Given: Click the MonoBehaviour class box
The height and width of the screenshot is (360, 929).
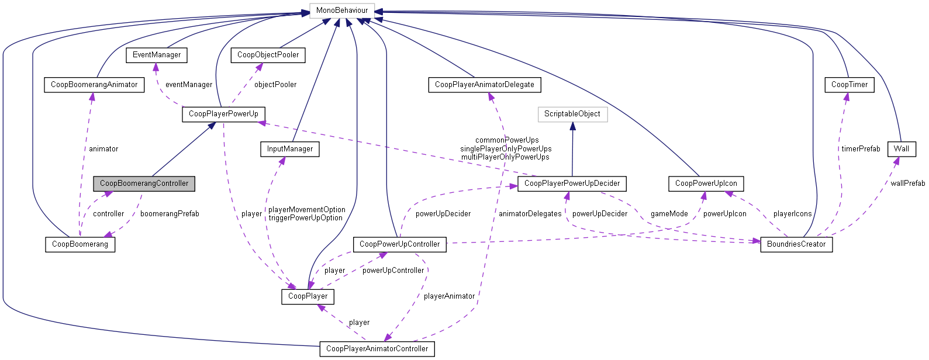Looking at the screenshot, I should [342, 11].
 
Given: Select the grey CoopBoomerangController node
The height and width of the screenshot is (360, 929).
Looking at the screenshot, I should [144, 184].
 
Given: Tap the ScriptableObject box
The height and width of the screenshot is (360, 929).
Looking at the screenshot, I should [572, 114].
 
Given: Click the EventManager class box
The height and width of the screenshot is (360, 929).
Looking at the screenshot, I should [157, 55].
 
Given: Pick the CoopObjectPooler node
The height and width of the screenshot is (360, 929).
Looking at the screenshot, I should [268, 55].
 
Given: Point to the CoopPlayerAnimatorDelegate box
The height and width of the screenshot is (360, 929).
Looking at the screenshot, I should [484, 85].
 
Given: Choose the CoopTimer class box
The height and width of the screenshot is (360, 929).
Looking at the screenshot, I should [849, 85].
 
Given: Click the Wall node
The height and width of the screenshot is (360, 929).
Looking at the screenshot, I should [901, 149].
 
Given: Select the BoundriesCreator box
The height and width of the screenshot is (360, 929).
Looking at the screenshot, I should [796, 244].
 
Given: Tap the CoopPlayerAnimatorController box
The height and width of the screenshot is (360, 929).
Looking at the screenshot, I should [377, 349].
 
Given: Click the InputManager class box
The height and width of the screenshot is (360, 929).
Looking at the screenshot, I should [289, 149].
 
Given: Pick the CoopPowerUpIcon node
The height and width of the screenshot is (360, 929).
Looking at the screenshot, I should [706, 184].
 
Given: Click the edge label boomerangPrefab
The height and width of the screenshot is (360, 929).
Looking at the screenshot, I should [170, 214].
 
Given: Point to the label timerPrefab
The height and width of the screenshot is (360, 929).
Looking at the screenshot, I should [860, 149].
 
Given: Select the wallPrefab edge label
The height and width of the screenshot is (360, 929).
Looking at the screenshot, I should [907, 184].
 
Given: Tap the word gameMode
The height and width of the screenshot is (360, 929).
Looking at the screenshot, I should [669, 214].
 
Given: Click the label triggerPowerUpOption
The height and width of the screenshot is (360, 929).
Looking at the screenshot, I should [305, 218].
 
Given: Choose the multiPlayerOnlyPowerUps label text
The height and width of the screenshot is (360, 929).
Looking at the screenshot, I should [505, 157].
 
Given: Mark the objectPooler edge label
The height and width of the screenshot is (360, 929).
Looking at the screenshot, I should [275, 85].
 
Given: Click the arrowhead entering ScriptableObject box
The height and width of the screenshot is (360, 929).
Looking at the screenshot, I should [572, 126].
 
